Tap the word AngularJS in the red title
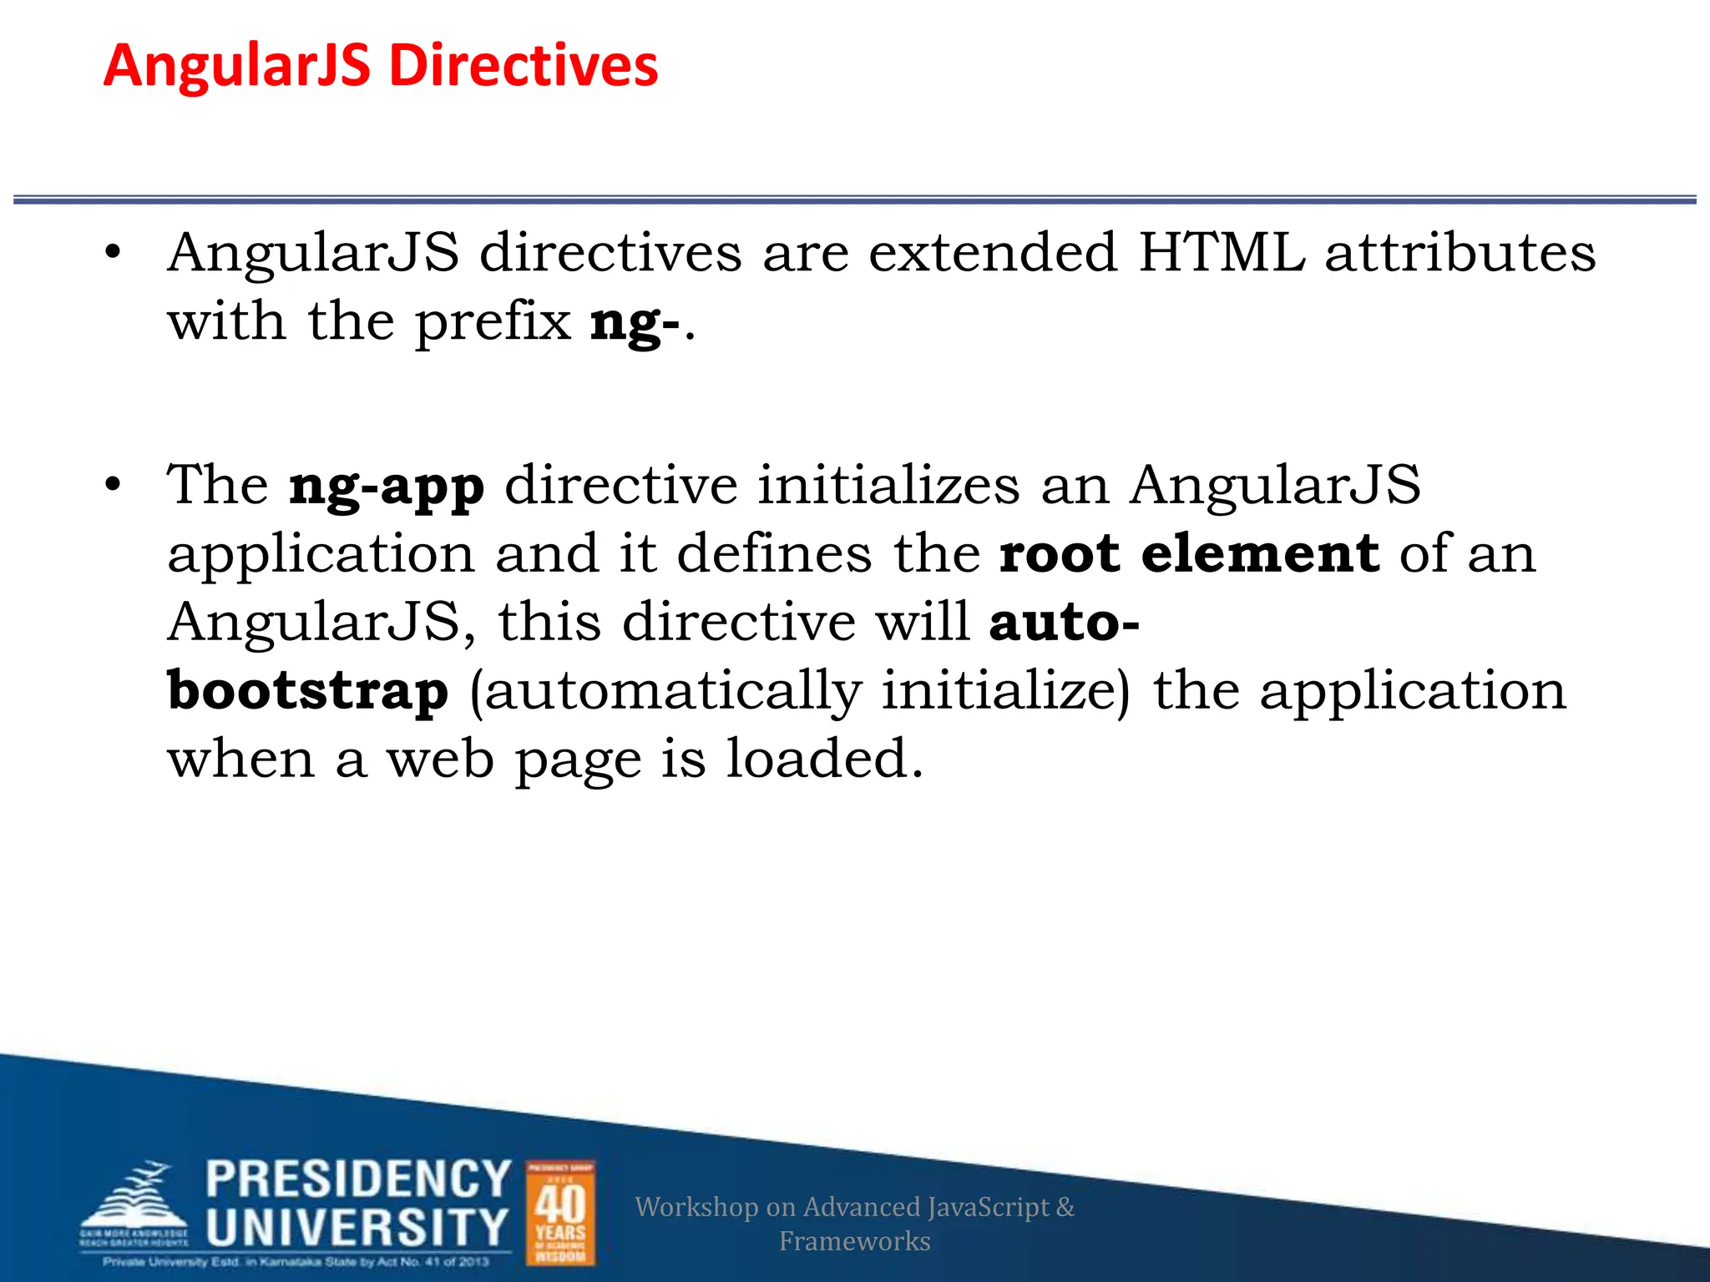pyautogui.click(x=237, y=67)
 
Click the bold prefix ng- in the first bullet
pyautogui.click(x=635, y=323)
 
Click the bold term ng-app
pyautogui.click(x=387, y=487)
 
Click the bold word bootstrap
pyautogui.click(x=308, y=692)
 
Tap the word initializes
pyautogui.click(x=888, y=485)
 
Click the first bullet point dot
pyautogui.click(x=114, y=252)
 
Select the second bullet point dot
pyautogui.click(x=114, y=485)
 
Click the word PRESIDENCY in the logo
pyautogui.click(x=358, y=1179)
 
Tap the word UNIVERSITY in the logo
pyautogui.click(x=357, y=1227)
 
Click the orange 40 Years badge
pyautogui.click(x=560, y=1213)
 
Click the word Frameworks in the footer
pyautogui.click(x=854, y=1241)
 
